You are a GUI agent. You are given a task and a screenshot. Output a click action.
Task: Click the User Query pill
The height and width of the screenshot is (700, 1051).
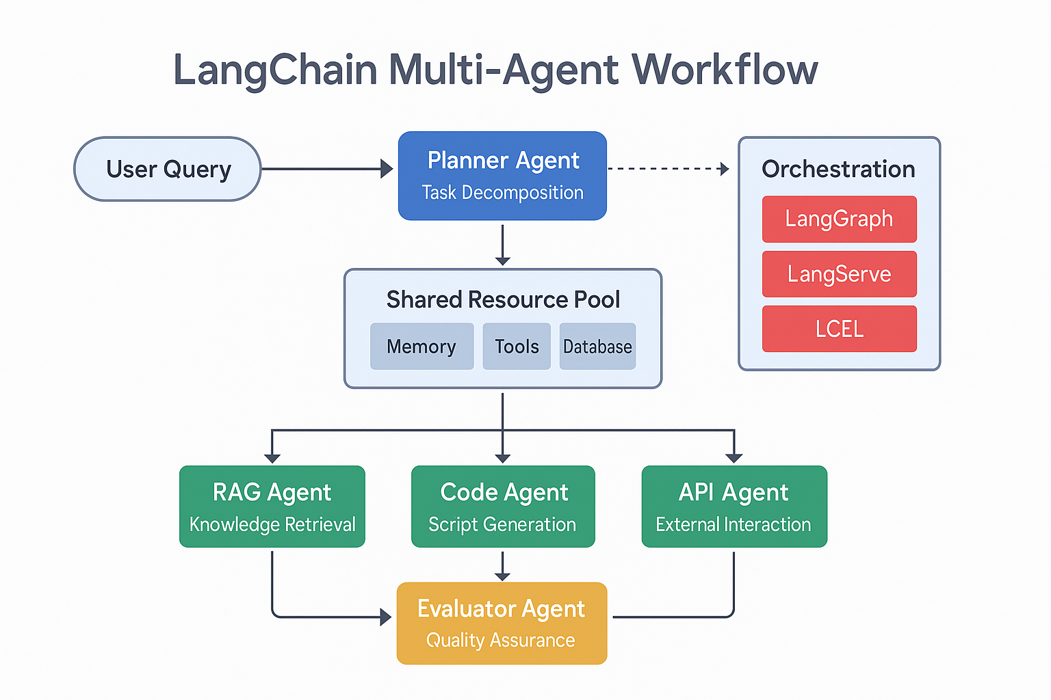pyautogui.click(x=168, y=169)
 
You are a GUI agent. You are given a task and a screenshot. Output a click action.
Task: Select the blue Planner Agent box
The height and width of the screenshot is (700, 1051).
pyautogui.click(x=502, y=176)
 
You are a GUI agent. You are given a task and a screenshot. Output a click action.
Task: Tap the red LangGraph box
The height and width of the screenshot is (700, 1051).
pyautogui.click(x=839, y=219)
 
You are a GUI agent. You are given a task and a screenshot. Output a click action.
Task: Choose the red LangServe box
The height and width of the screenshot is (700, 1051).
pyautogui.click(x=839, y=274)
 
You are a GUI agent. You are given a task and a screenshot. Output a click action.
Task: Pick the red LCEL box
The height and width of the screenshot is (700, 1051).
pyautogui.click(x=839, y=329)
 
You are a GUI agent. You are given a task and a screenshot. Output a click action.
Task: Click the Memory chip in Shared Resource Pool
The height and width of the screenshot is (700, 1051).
pyautogui.click(x=421, y=347)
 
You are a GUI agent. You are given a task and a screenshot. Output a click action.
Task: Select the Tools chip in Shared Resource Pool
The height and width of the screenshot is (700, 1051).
pyautogui.click(x=517, y=347)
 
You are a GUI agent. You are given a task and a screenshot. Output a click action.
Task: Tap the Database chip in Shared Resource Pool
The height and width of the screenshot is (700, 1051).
pyautogui.click(x=597, y=347)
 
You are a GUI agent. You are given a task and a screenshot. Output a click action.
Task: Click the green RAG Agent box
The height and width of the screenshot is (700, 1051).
pyautogui.click(x=272, y=507)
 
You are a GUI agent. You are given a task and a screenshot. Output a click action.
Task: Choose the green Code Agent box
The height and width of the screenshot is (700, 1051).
pyautogui.click(x=503, y=507)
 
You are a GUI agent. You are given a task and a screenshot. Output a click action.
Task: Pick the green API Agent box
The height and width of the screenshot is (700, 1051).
pyautogui.click(x=734, y=507)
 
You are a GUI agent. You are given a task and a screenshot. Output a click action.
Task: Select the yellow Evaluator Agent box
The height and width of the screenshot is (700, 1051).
pyautogui.click(x=502, y=623)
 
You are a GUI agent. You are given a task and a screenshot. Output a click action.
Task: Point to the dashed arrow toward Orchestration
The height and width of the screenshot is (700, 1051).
pyautogui.click(x=667, y=169)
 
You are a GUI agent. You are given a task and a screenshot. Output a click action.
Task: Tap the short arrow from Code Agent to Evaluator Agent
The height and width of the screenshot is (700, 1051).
pyautogui.click(x=503, y=565)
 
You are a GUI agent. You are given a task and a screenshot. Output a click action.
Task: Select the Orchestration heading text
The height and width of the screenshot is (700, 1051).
pyautogui.click(x=838, y=169)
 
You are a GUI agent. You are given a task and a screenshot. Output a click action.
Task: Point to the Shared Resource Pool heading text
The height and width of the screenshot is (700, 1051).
pyautogui.click(x=503, y=299)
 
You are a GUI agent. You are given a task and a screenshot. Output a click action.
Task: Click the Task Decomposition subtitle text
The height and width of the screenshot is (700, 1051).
pyautogui.click(x=502, y=193)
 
